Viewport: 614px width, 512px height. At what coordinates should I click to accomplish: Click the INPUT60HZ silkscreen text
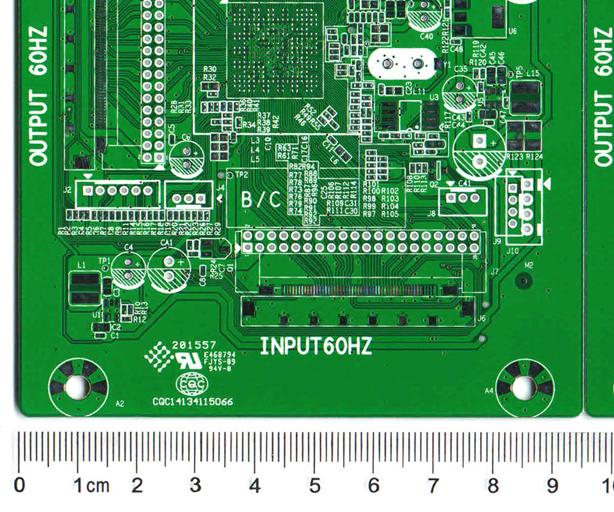click(x=316, y=346)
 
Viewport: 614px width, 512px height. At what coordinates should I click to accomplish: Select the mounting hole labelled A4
click(x=523, y=387)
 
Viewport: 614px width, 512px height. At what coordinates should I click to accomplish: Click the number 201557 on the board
click(x=194, y=345)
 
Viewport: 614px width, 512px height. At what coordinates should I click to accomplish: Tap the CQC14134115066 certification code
click(x=193, y=402)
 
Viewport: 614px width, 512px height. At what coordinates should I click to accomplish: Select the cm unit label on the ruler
click(x=98, y=486)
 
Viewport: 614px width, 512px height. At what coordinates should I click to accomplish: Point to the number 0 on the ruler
click(x=20, y=486)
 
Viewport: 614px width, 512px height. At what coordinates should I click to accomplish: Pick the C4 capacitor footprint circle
click(x=128, y=270)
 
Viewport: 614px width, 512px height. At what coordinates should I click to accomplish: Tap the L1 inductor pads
click(x=84, y=289)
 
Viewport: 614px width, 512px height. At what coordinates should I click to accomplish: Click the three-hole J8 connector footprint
click(x=462, y=198)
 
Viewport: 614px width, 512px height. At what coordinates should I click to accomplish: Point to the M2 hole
click(x=523, y=281)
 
